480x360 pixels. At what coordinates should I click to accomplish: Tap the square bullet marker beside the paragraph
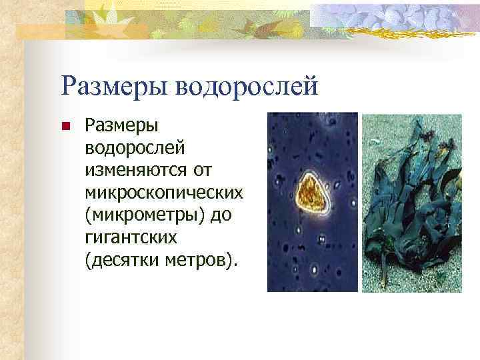[65, 126]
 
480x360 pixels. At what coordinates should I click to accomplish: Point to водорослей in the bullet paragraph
[124, 146]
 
